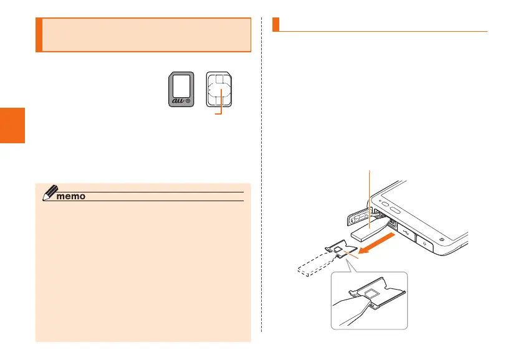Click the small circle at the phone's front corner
(441, 239)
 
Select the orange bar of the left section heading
(39, 35)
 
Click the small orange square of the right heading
(276, 24)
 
